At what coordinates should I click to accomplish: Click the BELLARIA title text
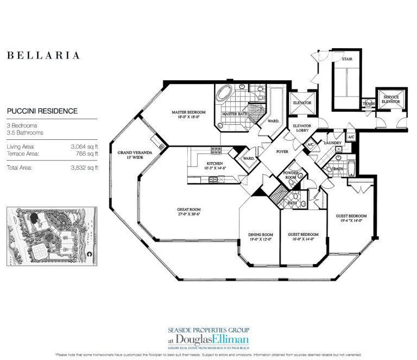pyautogui.click(x=43, y=55)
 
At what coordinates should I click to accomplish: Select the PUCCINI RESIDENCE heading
pyautogui.click(x=42, y=111)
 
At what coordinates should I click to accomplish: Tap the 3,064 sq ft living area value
pyautogui.click(x=85, y=146)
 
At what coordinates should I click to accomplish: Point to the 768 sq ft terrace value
pyautogui.click(x=87, y=153)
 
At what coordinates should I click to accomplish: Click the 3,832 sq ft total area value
pyautogui.click(x=85, y=168)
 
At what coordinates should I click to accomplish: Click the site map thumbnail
pyautogui.click(x=51, y=237)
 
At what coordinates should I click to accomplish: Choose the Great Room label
pyautogui.click(x=189, y=211)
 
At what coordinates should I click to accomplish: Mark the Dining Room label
pyautogui.click(x=259, y=236)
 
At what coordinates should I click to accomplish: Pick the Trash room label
pyautogui.click(x=369, y=103)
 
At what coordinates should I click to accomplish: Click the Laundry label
pyautogui.click(x=332, y=143)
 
